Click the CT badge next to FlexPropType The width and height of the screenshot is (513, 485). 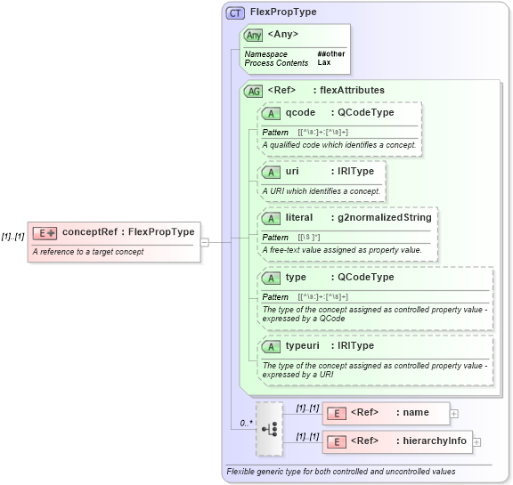(x=236, y=12)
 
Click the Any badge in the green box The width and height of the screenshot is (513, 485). (x=254, y=35)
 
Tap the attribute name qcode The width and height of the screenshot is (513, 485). (x=300, y=113)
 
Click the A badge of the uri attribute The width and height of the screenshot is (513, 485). (x=272, y=170)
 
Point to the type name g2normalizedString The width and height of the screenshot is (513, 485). (x=384, y=217)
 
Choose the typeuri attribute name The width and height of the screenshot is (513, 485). (x=304, y=345)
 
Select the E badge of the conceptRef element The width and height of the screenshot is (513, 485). (x=45, y=232)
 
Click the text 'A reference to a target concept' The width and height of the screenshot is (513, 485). (x=87, y=252)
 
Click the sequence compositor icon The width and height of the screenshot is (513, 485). (x=269, y=428)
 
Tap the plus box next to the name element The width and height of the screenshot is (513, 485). (x=454, y=413)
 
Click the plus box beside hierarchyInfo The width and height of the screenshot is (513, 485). (x=476, y=441)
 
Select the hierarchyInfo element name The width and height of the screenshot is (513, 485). (x=435, y=441)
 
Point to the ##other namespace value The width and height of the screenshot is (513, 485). (x=330, y=53)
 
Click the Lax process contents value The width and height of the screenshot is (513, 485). (x=323, y=63)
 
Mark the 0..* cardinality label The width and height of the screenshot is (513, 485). (x=245, y=423)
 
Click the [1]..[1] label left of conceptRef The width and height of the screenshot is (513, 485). (x=12, y=237)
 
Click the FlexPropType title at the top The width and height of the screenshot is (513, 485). (x=282, y=12)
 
